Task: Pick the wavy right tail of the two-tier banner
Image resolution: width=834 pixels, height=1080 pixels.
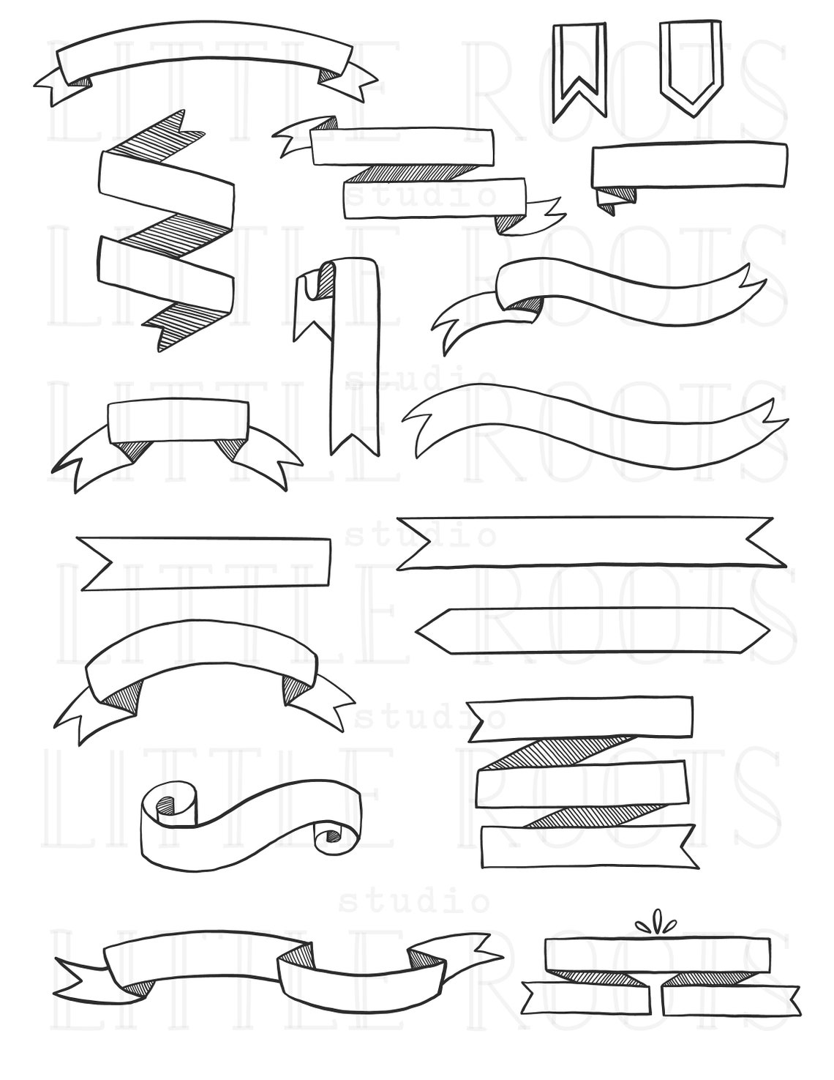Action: click(543, 212)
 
